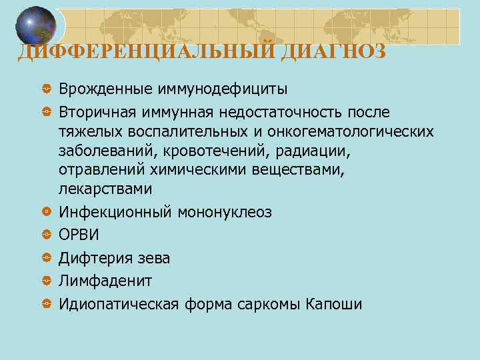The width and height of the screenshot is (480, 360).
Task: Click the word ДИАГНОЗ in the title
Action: pos(333,51)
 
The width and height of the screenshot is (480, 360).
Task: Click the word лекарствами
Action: pos(105,189)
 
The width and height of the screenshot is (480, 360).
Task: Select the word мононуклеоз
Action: pos(225,212)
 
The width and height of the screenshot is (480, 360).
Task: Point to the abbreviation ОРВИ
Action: pos(79,235)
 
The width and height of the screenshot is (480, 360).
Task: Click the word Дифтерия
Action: pos(93,258)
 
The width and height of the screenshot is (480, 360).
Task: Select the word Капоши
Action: pos(333,304)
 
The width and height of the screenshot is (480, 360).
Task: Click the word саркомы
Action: pos(267,304)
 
